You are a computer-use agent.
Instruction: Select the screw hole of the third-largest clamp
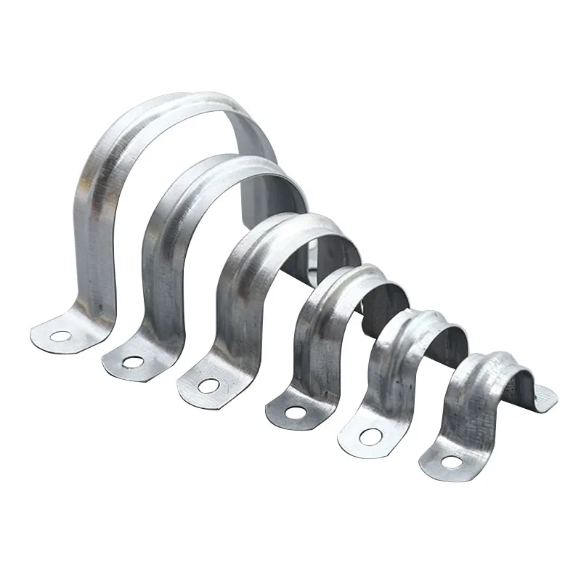click(x=209, y=386)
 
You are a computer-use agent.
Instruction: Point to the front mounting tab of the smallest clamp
click(x=447, y=458)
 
